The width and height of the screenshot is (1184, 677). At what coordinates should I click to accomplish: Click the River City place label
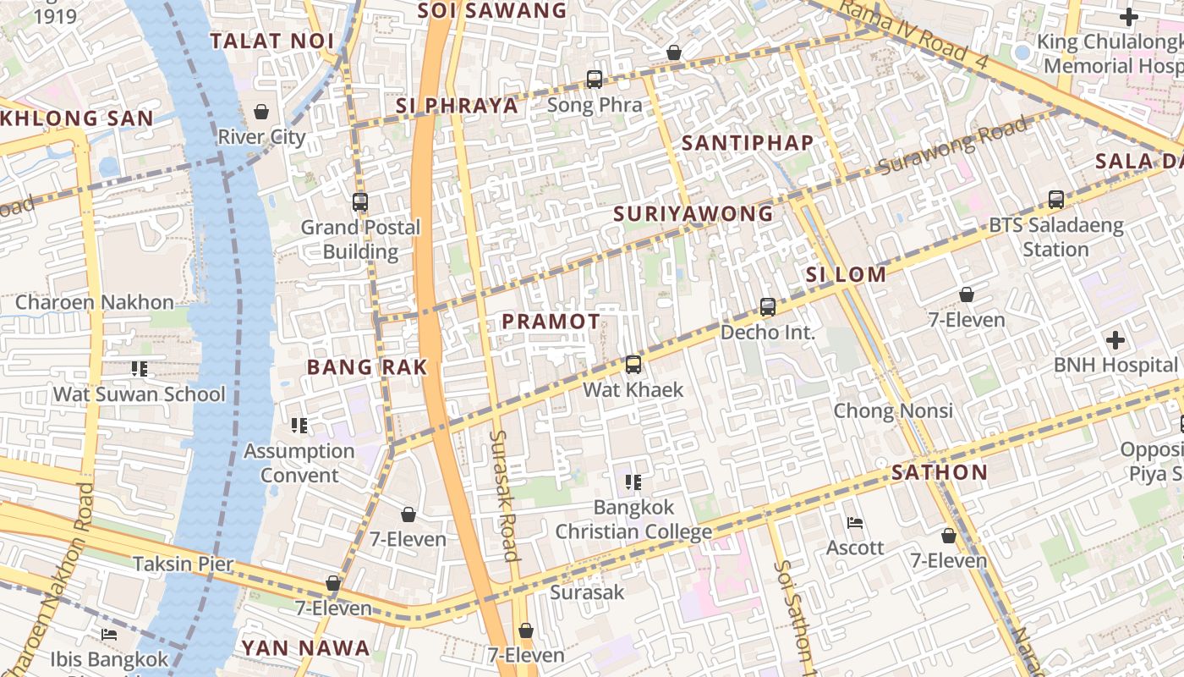261,137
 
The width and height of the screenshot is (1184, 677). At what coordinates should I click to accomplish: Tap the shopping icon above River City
261,112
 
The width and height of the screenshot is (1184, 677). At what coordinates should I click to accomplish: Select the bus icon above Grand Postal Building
360,202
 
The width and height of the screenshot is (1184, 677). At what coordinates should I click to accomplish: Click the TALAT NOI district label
271,41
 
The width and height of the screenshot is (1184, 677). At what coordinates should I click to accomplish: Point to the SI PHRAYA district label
457,106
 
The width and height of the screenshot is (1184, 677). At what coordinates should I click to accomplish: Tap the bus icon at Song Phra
595,80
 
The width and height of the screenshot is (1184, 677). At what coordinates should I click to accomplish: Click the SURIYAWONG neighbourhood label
693,214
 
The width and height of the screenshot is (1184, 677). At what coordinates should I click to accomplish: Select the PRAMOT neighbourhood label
551,322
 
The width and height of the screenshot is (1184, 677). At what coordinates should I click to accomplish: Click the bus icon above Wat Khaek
633,365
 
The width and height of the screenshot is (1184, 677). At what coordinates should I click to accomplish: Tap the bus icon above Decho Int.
768,307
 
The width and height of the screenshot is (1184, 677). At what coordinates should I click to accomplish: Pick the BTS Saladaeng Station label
1055,238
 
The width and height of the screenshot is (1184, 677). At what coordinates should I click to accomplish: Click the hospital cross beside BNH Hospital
1115,340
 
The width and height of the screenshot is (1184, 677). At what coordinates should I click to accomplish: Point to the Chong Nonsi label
893,411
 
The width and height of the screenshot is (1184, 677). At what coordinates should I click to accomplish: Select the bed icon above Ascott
855,523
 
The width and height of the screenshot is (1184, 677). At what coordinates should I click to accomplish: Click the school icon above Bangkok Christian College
633,482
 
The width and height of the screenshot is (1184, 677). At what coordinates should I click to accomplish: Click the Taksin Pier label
183,564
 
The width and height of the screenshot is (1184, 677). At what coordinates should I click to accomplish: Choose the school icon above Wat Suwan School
140,369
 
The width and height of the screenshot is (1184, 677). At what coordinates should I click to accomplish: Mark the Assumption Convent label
299,463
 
